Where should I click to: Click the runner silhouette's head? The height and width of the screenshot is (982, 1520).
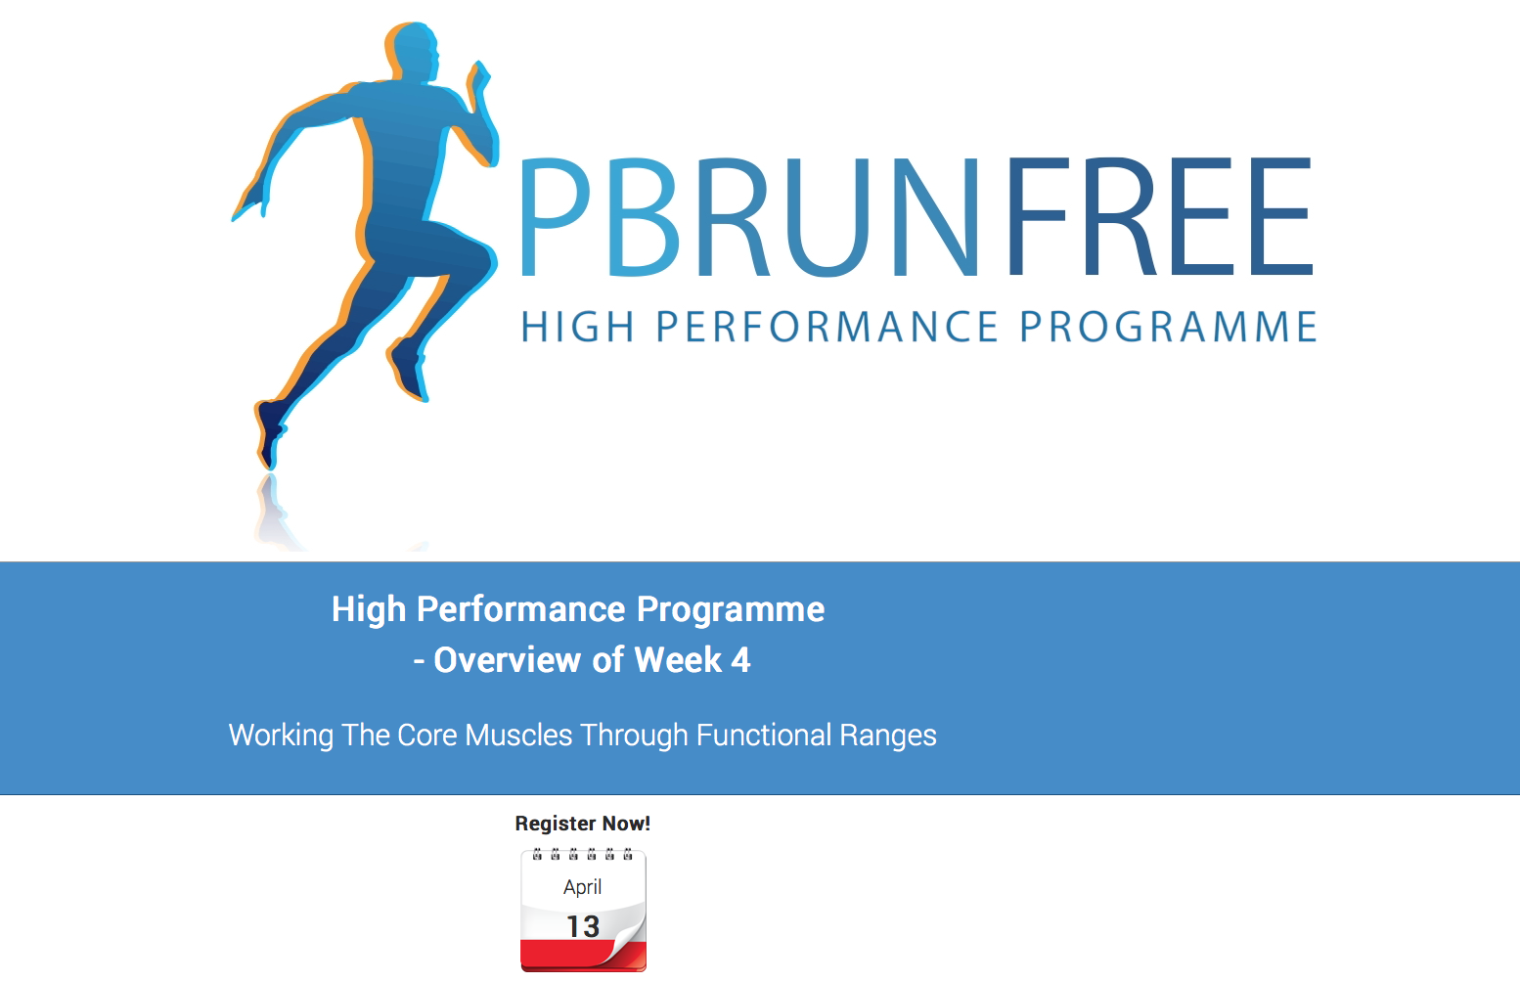point(413,53)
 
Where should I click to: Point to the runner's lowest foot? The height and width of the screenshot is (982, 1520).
point(270,433)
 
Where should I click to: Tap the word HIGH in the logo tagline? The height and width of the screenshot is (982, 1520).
point(577,327)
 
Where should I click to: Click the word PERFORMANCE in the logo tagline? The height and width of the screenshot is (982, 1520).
point(827,327)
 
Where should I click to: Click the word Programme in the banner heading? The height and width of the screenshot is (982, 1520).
point(731,608)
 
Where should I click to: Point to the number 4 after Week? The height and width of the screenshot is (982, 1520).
point(741,659)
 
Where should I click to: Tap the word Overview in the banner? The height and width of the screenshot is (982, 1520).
point(509,659)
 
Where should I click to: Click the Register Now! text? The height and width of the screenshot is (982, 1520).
point(583,824)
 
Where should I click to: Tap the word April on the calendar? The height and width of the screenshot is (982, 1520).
point(582,888)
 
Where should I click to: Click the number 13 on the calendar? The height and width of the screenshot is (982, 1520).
point(583,926)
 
